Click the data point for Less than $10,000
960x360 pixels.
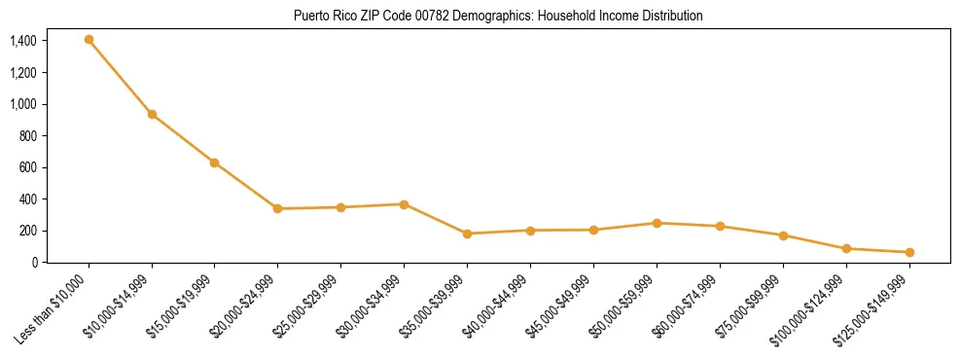coord(89,40)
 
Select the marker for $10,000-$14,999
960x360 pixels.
coord(152,114)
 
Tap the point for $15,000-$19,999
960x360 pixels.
coord(215,162)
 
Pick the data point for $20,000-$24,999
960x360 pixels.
coord(278,208)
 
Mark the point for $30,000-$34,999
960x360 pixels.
coord(404,204)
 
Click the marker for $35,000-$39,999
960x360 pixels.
coord(467,234)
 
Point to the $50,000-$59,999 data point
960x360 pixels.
coord(657,223)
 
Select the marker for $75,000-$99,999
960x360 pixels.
coord(783,235)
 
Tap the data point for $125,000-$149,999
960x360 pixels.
coord(909,252)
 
